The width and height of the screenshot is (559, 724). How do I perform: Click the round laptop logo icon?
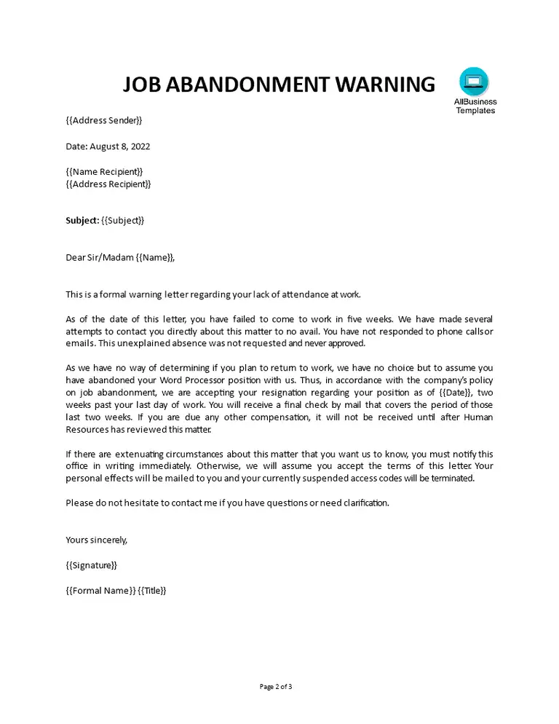(475, 82)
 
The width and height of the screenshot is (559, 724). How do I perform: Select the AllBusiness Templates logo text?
(475, 106)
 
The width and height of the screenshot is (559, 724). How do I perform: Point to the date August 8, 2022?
(119, 146)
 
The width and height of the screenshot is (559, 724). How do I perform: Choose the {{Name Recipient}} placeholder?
(104, 172)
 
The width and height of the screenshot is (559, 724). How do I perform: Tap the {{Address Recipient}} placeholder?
(108, 184)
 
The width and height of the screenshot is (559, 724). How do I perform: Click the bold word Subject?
(82, 220)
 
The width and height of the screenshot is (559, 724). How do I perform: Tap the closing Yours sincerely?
(96, 540)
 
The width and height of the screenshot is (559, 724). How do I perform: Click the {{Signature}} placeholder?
(91, 565)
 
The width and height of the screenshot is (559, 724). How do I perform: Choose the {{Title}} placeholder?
(153, 591)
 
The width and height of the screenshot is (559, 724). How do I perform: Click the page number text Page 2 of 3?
(276, 686)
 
